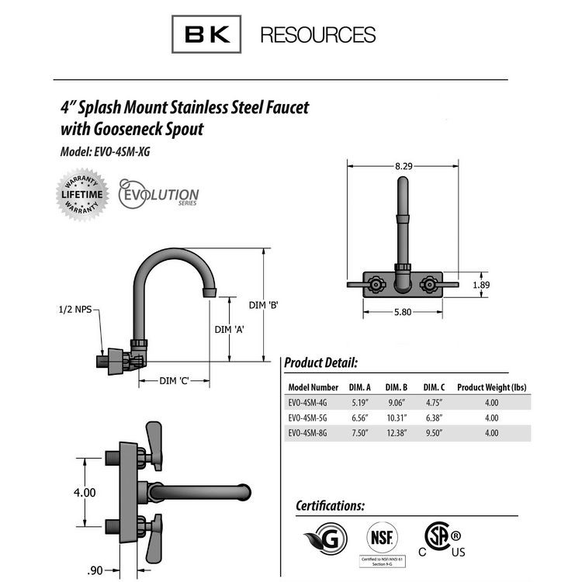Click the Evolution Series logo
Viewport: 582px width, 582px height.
click(x=159, y=192)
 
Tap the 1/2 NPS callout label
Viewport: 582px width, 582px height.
click(x=74, y=310)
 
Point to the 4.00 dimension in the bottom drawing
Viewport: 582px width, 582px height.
click(x=84, y=493)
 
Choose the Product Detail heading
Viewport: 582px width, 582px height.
click(x=320, y=362)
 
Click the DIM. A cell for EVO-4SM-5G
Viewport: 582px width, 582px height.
click(x=359, y=417)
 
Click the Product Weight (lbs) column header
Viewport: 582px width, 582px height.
click(x=491, y=386)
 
